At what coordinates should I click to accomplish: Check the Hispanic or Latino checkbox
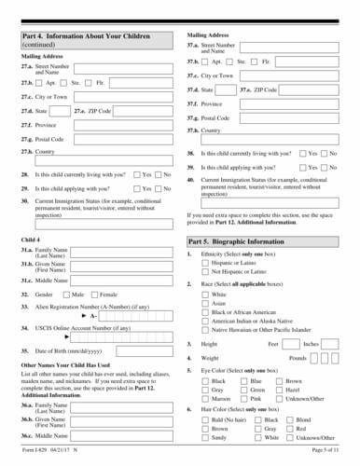coord(205,264)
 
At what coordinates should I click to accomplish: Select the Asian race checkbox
coord(205,303)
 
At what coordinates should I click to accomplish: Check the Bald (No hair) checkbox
coord(205,420)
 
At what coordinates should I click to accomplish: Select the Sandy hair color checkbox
coord(205,437)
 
